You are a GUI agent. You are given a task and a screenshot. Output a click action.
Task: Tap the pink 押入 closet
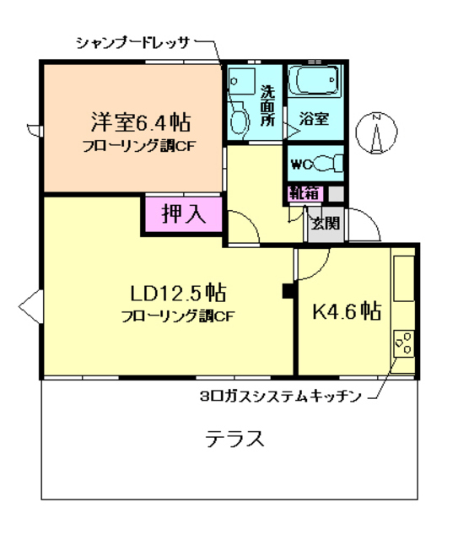click(x=183, y=213)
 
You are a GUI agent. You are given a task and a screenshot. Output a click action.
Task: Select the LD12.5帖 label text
click(x=177, y=294)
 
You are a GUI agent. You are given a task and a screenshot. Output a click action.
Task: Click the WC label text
click(x=302, y=164)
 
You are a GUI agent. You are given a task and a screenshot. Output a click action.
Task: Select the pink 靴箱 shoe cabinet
click(x=304, y=193)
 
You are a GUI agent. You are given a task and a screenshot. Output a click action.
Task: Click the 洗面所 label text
click(x=267, y=105)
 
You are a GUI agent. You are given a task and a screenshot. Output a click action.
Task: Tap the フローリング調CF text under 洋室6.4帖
click(x=139, y=145)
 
